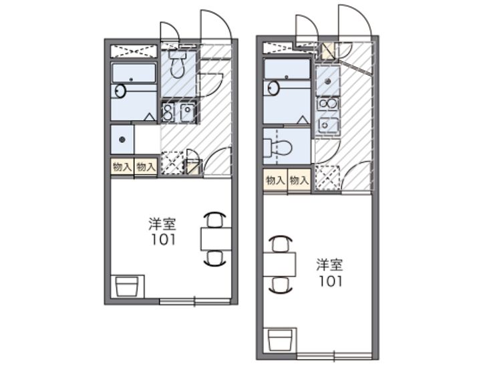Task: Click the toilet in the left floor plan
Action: click(178, 64)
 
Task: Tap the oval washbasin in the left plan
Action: click(120, 91)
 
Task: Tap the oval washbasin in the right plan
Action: click(273, 87)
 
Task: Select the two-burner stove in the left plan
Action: click(168, 113)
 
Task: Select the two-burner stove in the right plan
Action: click(327, 104)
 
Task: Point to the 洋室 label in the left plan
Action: click(162, 224)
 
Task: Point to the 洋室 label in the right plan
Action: click(330, 265)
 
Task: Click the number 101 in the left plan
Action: click(164, 240)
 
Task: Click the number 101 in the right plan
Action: click(331, 281)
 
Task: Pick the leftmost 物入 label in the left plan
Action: click(122, 167)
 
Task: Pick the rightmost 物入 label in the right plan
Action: click(299, 180)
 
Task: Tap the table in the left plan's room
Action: click(216, 239)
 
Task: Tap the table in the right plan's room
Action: click(279, 264)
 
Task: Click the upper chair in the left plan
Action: click(215, 219)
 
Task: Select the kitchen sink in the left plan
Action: click(187, 113)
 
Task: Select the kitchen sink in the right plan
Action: click(327, 126)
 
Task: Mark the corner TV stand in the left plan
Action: click(128, 287)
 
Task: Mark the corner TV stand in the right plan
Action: click(280, 339)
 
